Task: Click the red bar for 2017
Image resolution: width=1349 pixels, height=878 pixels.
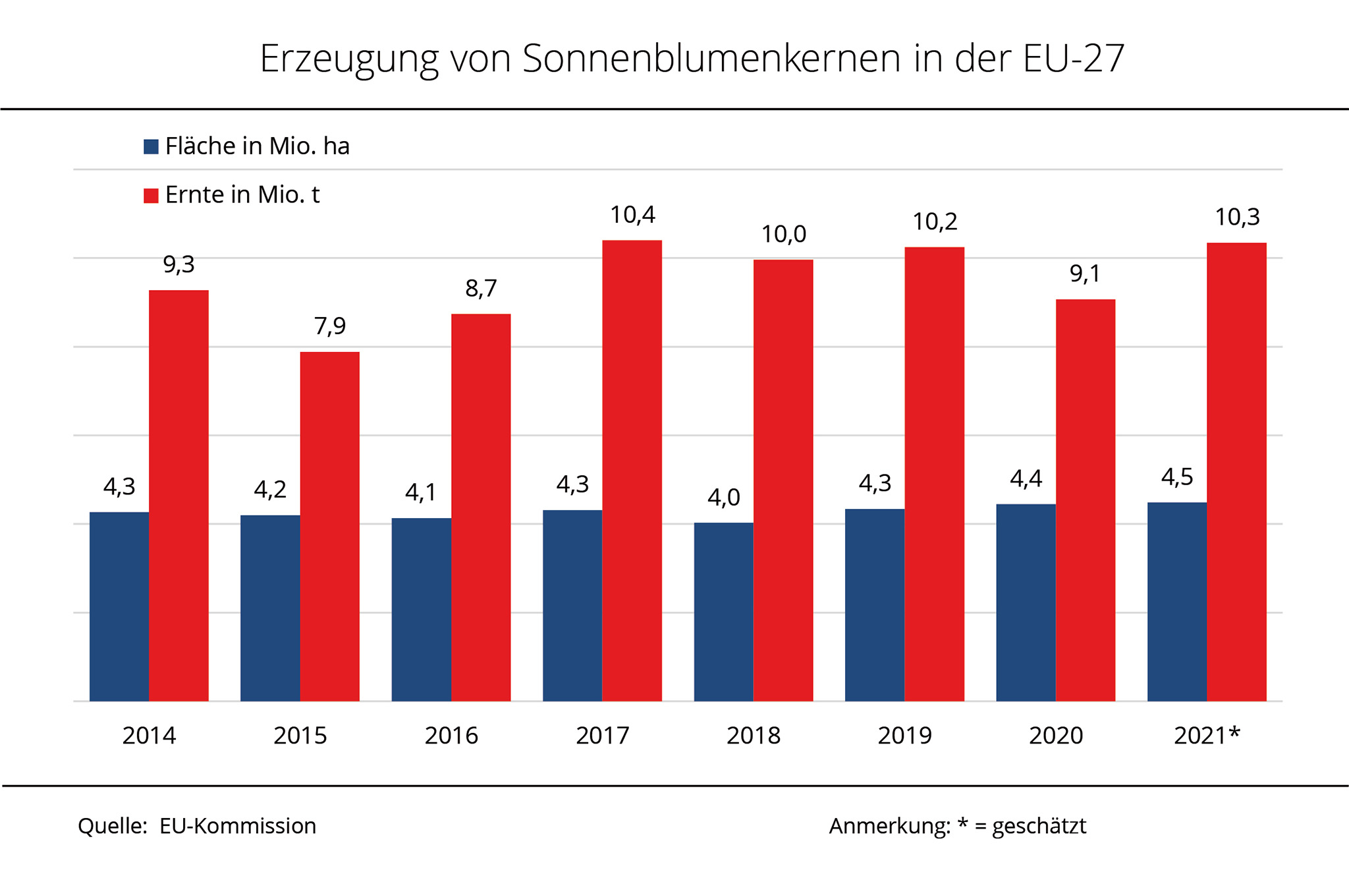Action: pos(632,471)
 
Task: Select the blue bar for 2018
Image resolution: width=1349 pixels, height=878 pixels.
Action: pos(723,612)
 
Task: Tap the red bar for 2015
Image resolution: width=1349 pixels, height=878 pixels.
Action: pos(329,526)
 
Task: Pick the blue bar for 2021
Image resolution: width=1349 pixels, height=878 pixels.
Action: pos(1176,601)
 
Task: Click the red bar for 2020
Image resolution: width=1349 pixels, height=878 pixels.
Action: pos(1085,500)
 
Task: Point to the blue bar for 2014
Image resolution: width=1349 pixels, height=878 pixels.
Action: pos(119,606)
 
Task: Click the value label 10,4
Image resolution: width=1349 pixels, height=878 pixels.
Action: pos(632,215)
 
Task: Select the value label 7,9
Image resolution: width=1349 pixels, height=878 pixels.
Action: pos(329,326)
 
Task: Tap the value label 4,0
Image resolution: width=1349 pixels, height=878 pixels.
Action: pos(723,497)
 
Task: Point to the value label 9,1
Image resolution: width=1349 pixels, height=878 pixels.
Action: pos(1085,274)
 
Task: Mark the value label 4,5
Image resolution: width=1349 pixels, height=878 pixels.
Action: pos(1176,477)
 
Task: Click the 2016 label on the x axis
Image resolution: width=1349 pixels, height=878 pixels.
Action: pos(451,736)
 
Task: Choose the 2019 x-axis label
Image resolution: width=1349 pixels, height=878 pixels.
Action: pos(904,736)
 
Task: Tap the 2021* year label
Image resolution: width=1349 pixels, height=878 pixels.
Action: pos(1207,736)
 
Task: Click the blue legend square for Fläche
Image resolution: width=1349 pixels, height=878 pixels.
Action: pos(151,146)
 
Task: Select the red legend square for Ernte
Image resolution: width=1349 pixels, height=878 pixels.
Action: pos(151,196)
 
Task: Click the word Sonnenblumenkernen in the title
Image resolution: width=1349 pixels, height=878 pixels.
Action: pos(711,59)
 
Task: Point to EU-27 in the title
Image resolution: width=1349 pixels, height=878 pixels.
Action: pos(1074,59)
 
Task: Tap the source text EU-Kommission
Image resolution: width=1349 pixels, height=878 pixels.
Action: pos(238,826)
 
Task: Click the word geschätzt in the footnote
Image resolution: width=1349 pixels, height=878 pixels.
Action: pos(1039,826)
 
